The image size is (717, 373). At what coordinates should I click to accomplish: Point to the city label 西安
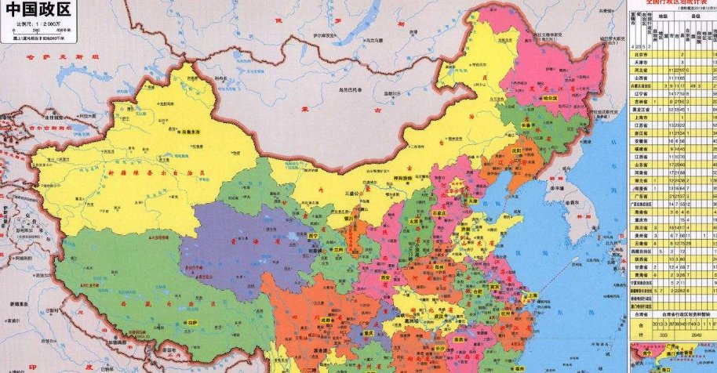[384, 277]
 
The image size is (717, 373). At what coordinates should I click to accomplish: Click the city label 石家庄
[441, 211]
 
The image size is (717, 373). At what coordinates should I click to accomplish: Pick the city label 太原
[413, 222]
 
